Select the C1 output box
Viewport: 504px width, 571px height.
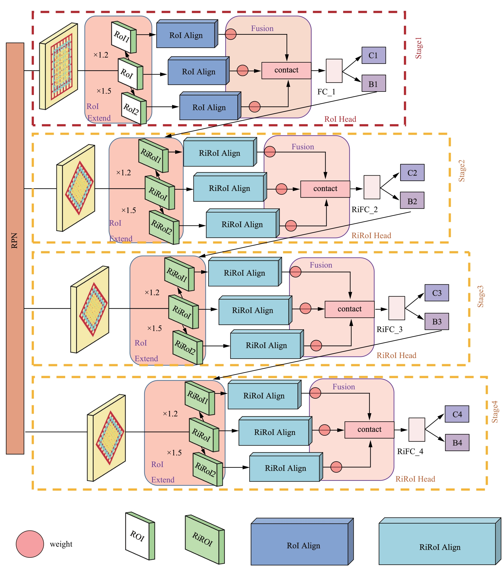(373, 55)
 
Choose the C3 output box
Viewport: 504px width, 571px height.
(436, 293)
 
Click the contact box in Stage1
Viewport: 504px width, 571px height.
(286, 70)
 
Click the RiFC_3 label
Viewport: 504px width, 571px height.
(389, 330)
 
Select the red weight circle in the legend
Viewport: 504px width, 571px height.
(30, 544)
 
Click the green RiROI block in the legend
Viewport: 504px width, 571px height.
(203, 539)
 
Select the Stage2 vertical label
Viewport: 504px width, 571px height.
(462, 171)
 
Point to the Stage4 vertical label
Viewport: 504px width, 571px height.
(494, 412)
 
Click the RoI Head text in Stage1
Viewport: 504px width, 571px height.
(340, 119)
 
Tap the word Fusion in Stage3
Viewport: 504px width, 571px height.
(321, 265)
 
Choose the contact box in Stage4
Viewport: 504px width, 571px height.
(369, 429)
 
